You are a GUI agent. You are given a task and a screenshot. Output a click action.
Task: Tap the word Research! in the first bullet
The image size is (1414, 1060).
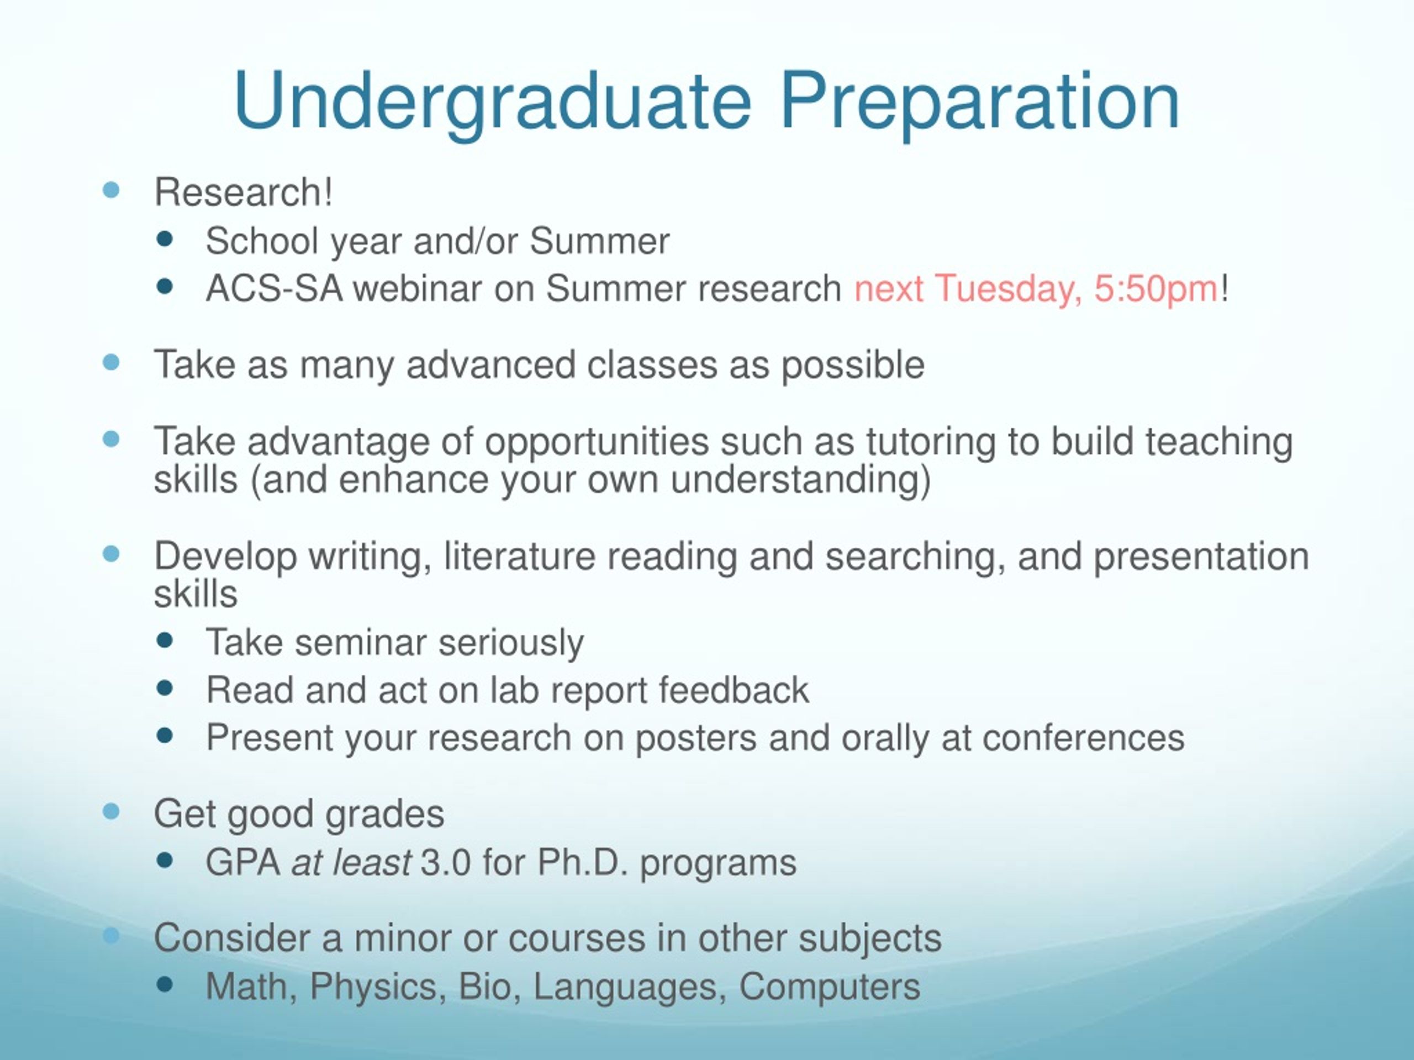pyautogui.click(x=243, y=192)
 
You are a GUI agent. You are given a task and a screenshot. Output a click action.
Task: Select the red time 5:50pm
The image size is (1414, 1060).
pyautogui.click(x=1156, y=289)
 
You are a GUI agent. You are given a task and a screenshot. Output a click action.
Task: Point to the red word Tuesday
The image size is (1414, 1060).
pyautogui.click(x=1008, y=289)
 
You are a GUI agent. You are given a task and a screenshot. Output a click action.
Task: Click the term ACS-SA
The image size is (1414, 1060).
pyautogui.click(x=273, y=288)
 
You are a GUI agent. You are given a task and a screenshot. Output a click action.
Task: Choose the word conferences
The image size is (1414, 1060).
pyautogui.click(x=1083, y=738)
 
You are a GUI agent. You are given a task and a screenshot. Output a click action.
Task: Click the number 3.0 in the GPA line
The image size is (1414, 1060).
pyautogui.click(x=446, y=862)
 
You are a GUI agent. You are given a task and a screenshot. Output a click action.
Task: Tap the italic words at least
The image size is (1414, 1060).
pyautogui.click(x=351, y=862)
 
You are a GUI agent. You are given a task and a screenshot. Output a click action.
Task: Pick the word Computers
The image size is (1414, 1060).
pyautogui.click(x=830, y=987)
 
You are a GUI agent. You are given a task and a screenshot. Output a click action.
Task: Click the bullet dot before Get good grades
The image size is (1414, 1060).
pyautogui.click(x=111, y=812)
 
